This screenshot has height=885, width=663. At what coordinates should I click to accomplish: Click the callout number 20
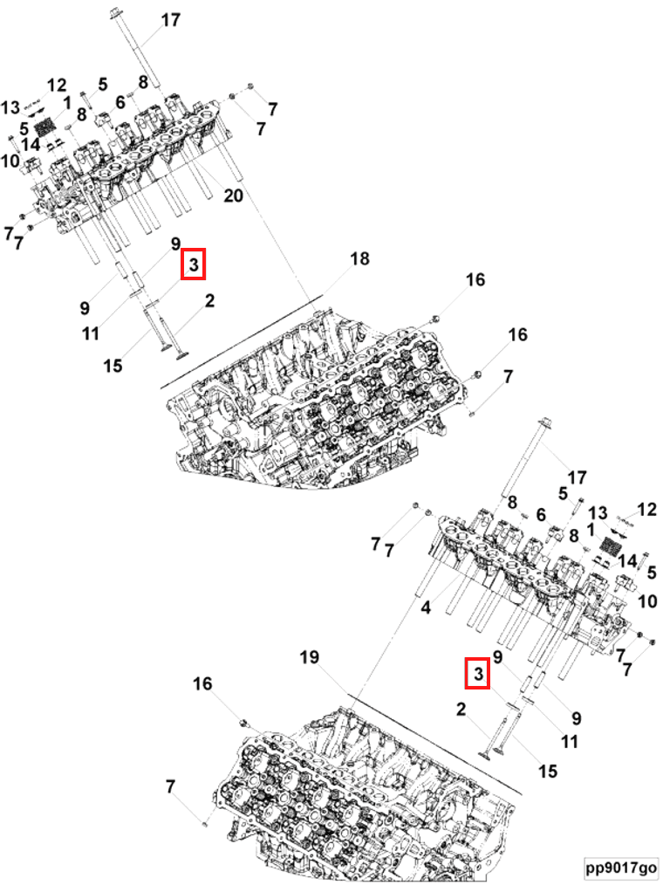pyautogui.click(x=233, y=196)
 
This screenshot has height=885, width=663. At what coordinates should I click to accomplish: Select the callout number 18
pyautogui.click(x=360, y=258)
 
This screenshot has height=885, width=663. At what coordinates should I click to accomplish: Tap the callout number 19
pyautogui.click(x=309, y=657)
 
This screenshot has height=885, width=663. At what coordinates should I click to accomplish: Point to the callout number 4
pyautogui.click(x=426, y=607)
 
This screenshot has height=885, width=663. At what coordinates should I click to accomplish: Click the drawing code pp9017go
pyautogui.click(x=620, y=867)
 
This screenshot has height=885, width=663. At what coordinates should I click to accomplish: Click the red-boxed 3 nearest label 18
pyautogui.click(x=193, y=264)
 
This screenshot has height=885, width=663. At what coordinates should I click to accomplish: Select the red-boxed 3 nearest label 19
pyautogui.click(x=477, y=673)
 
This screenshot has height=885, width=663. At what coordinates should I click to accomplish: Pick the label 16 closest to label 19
pyautogui.click(x=202, y=683)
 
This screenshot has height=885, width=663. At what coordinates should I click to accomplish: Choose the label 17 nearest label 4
pyautogui.click(x=576, y=477)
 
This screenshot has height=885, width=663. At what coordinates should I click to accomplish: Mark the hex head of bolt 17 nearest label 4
pyautogui.click(x=544, y=423)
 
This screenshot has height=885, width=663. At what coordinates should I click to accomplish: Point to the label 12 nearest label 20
pyautogui.click(x=57, y=86)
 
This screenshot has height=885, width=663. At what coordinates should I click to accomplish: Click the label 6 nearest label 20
pyautogui.click(x=120, y=102)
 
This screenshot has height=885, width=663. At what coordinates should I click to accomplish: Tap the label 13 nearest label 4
pyautogui.click(x=598, y=512)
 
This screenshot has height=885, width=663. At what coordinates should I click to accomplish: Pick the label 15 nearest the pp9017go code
pyautogui.click(x=547, y=771)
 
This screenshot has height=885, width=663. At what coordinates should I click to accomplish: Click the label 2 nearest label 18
pyautogui.click(x=209, y=301)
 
